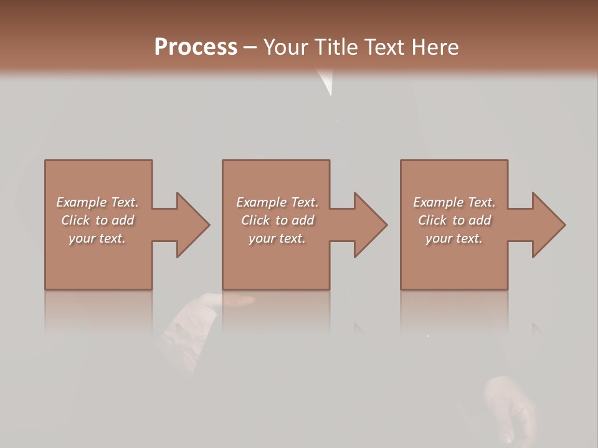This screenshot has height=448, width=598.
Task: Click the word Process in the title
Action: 196,47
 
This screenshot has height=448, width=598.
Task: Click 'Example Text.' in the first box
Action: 97,202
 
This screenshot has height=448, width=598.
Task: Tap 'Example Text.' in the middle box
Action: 277,202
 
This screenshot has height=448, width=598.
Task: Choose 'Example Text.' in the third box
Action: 454,202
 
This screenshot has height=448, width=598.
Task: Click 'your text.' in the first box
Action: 97,238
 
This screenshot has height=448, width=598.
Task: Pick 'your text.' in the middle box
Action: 277,238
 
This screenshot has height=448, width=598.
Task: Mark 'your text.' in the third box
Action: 454,238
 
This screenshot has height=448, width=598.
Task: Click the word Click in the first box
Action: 76,220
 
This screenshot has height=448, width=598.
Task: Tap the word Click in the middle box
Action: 256,220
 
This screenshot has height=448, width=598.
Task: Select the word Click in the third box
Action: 433,220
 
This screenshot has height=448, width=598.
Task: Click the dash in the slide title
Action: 250,47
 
